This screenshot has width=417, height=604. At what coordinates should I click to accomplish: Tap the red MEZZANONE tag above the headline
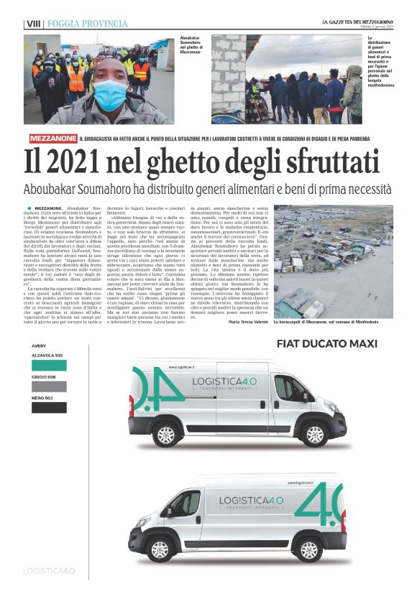click(x=53, y=138)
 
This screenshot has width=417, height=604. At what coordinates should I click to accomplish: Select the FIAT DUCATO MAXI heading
click(x=327, y=343)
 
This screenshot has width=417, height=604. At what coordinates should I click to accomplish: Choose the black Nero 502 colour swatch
click(x=58, y=407)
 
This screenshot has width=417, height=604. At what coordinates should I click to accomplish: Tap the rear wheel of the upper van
click(x=166, y=435)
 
